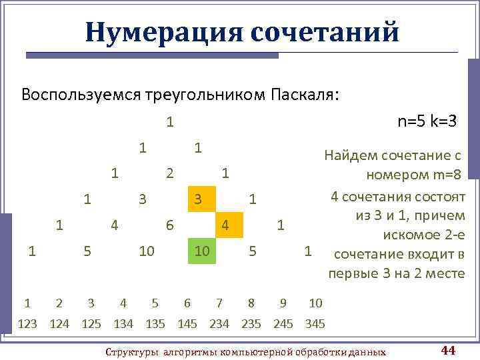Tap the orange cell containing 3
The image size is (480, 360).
197,199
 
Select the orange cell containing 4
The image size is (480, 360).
225,225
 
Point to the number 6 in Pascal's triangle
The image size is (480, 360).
170,225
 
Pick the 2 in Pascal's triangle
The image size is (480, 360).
170,173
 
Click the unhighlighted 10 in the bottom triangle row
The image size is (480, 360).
147,251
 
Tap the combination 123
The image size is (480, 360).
27,324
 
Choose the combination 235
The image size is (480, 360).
251,324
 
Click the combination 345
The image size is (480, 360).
315,324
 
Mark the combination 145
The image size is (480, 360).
187,324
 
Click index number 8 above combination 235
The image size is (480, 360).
251,304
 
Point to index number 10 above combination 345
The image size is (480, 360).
315,304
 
